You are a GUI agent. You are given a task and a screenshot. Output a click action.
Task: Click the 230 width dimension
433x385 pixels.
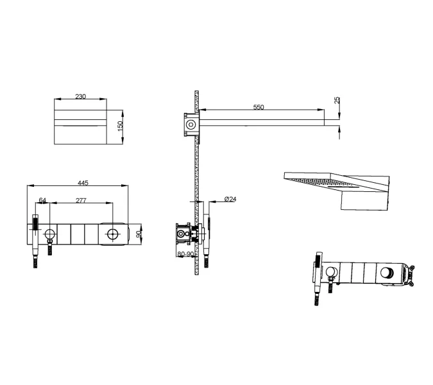80,96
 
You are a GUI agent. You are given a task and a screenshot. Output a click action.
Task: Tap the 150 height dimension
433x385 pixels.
121,126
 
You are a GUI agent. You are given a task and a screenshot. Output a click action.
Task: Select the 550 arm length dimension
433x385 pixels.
259,107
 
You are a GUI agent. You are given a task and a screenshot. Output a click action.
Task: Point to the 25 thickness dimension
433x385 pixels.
337,100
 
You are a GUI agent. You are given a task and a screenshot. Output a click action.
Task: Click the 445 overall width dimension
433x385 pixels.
83,183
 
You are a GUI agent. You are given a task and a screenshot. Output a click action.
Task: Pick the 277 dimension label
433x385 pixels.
81,200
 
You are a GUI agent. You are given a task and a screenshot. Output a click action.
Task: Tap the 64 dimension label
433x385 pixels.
42,200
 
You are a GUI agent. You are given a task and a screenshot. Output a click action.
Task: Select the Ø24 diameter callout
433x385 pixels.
230,199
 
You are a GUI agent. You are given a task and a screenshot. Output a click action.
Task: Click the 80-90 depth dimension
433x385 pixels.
185,254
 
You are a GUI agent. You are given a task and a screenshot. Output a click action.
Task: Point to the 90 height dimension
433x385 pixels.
139,233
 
